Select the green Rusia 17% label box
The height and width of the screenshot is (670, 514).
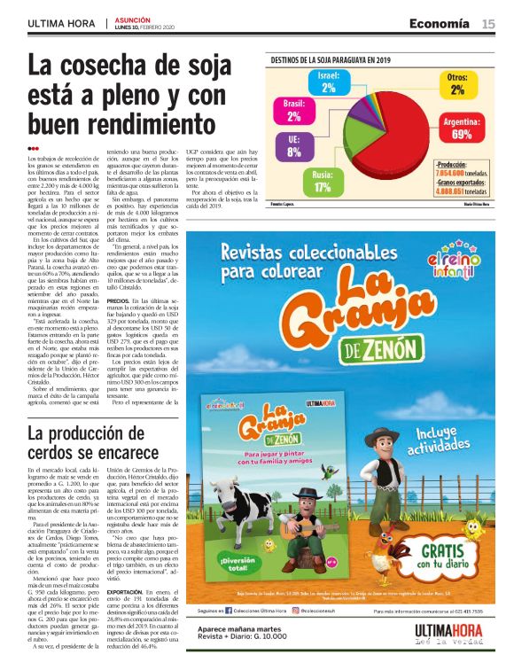pos(323,182)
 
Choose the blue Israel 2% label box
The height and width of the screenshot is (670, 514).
pos(329,82)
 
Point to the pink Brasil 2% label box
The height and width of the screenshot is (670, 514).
pos(293,110)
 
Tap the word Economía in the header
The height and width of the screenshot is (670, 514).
pos(440,24)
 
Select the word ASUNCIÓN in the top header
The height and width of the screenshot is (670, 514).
pos(133,19)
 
